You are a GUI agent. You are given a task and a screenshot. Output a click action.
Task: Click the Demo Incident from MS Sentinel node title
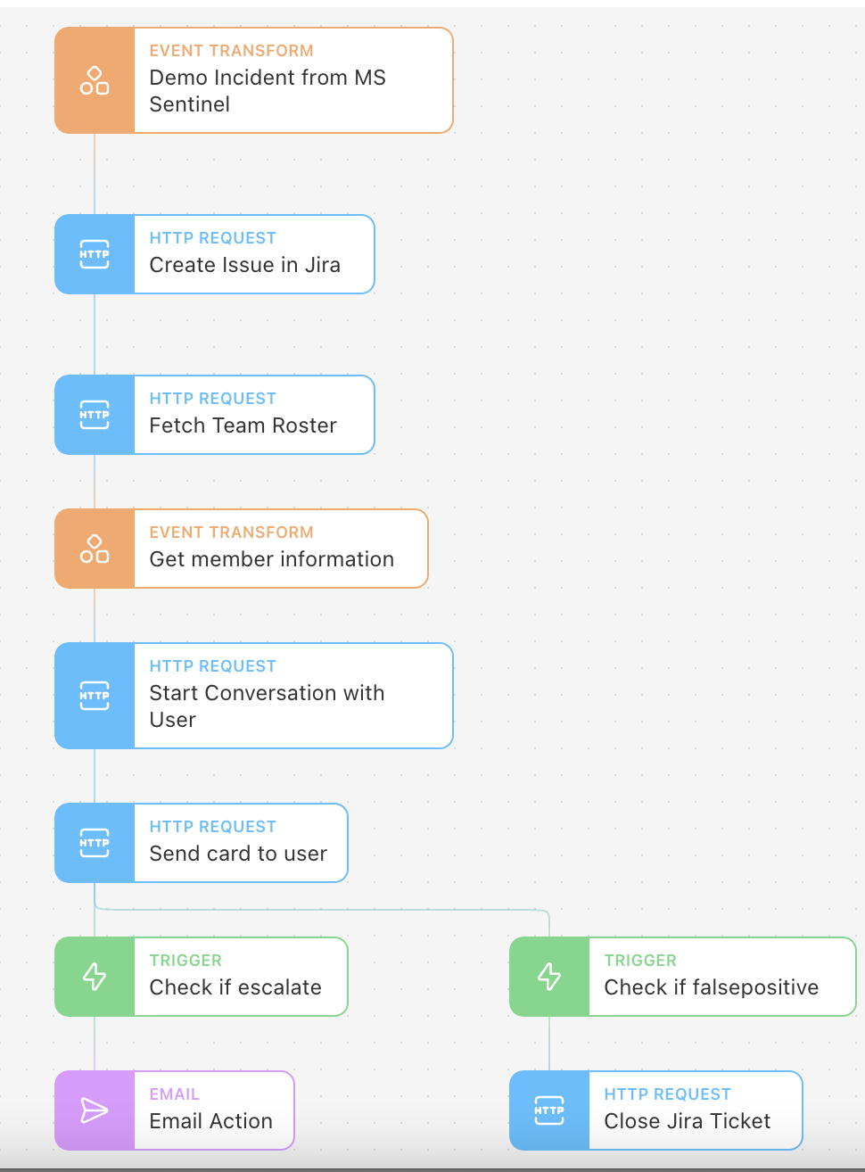[x=268, y=91]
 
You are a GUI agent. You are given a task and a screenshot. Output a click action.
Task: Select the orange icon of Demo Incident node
[x=95, y=80]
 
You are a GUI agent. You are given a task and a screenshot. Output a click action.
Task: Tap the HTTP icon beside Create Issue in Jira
[x=95, y=254]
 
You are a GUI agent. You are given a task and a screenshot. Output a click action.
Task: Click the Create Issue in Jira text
[x=244, y=265]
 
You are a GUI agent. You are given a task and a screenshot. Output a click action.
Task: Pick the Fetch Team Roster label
[x=243, y=425]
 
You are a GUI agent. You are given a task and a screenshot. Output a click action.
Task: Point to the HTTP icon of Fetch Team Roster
[x=95, y=415]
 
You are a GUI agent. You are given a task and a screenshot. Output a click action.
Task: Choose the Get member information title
[x=272, y=559]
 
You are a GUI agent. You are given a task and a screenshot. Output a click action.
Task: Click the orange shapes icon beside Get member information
[x=95, y=549]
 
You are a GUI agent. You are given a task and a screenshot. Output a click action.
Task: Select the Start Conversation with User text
[x=267, y=706]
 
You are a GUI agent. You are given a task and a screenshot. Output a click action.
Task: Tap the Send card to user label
[x=238, y=854]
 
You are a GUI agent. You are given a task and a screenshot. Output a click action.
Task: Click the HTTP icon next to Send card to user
[x=95, y=843]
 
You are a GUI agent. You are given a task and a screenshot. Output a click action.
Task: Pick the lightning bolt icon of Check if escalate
[x=95, y=977]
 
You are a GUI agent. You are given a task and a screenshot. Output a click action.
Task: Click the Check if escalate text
[x=235, y=987]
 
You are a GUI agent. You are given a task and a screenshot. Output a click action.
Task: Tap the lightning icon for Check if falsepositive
[x=549, y=977]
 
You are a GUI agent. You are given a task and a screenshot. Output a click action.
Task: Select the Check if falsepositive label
[x=712, y=987]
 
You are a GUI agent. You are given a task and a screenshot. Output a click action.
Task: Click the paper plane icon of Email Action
[x=95, y=1110]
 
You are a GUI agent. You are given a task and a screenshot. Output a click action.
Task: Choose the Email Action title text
[x=210, y=1121]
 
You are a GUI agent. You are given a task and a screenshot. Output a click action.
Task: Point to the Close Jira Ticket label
[x=688, y=1121]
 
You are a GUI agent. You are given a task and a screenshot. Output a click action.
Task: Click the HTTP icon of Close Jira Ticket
[x=549, y=1110]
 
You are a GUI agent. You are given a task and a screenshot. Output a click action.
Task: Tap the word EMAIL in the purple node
[x=175, y=1094]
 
